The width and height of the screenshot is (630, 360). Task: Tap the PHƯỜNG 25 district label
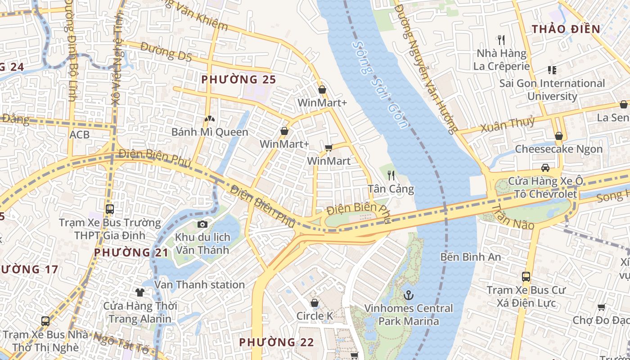[238, 80]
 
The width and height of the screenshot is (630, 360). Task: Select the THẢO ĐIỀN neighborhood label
[566, 29]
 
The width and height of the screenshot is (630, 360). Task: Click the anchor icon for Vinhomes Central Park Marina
[409, 295]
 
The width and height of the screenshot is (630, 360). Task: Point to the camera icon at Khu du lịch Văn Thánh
[202, 224]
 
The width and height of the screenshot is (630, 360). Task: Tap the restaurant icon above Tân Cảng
[391, 175]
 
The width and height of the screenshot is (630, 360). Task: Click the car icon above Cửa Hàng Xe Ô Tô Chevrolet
[545, 168]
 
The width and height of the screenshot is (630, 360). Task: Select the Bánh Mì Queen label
[210, 132]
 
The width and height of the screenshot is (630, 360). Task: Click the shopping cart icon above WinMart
[329, 148]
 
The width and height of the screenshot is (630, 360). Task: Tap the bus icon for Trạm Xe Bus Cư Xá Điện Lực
[526, 276]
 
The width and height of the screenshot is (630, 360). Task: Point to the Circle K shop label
[315, 316]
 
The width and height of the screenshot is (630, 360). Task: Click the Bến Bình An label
[470, 257]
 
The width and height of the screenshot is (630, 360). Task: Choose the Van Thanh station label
[199, 284]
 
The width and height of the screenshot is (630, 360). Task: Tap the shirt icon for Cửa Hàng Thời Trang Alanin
[140, 292]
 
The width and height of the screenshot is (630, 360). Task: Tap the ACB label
[79, 134]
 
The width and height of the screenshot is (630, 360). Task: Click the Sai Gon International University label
[552, 90]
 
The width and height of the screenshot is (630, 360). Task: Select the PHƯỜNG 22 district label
[276, 342]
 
